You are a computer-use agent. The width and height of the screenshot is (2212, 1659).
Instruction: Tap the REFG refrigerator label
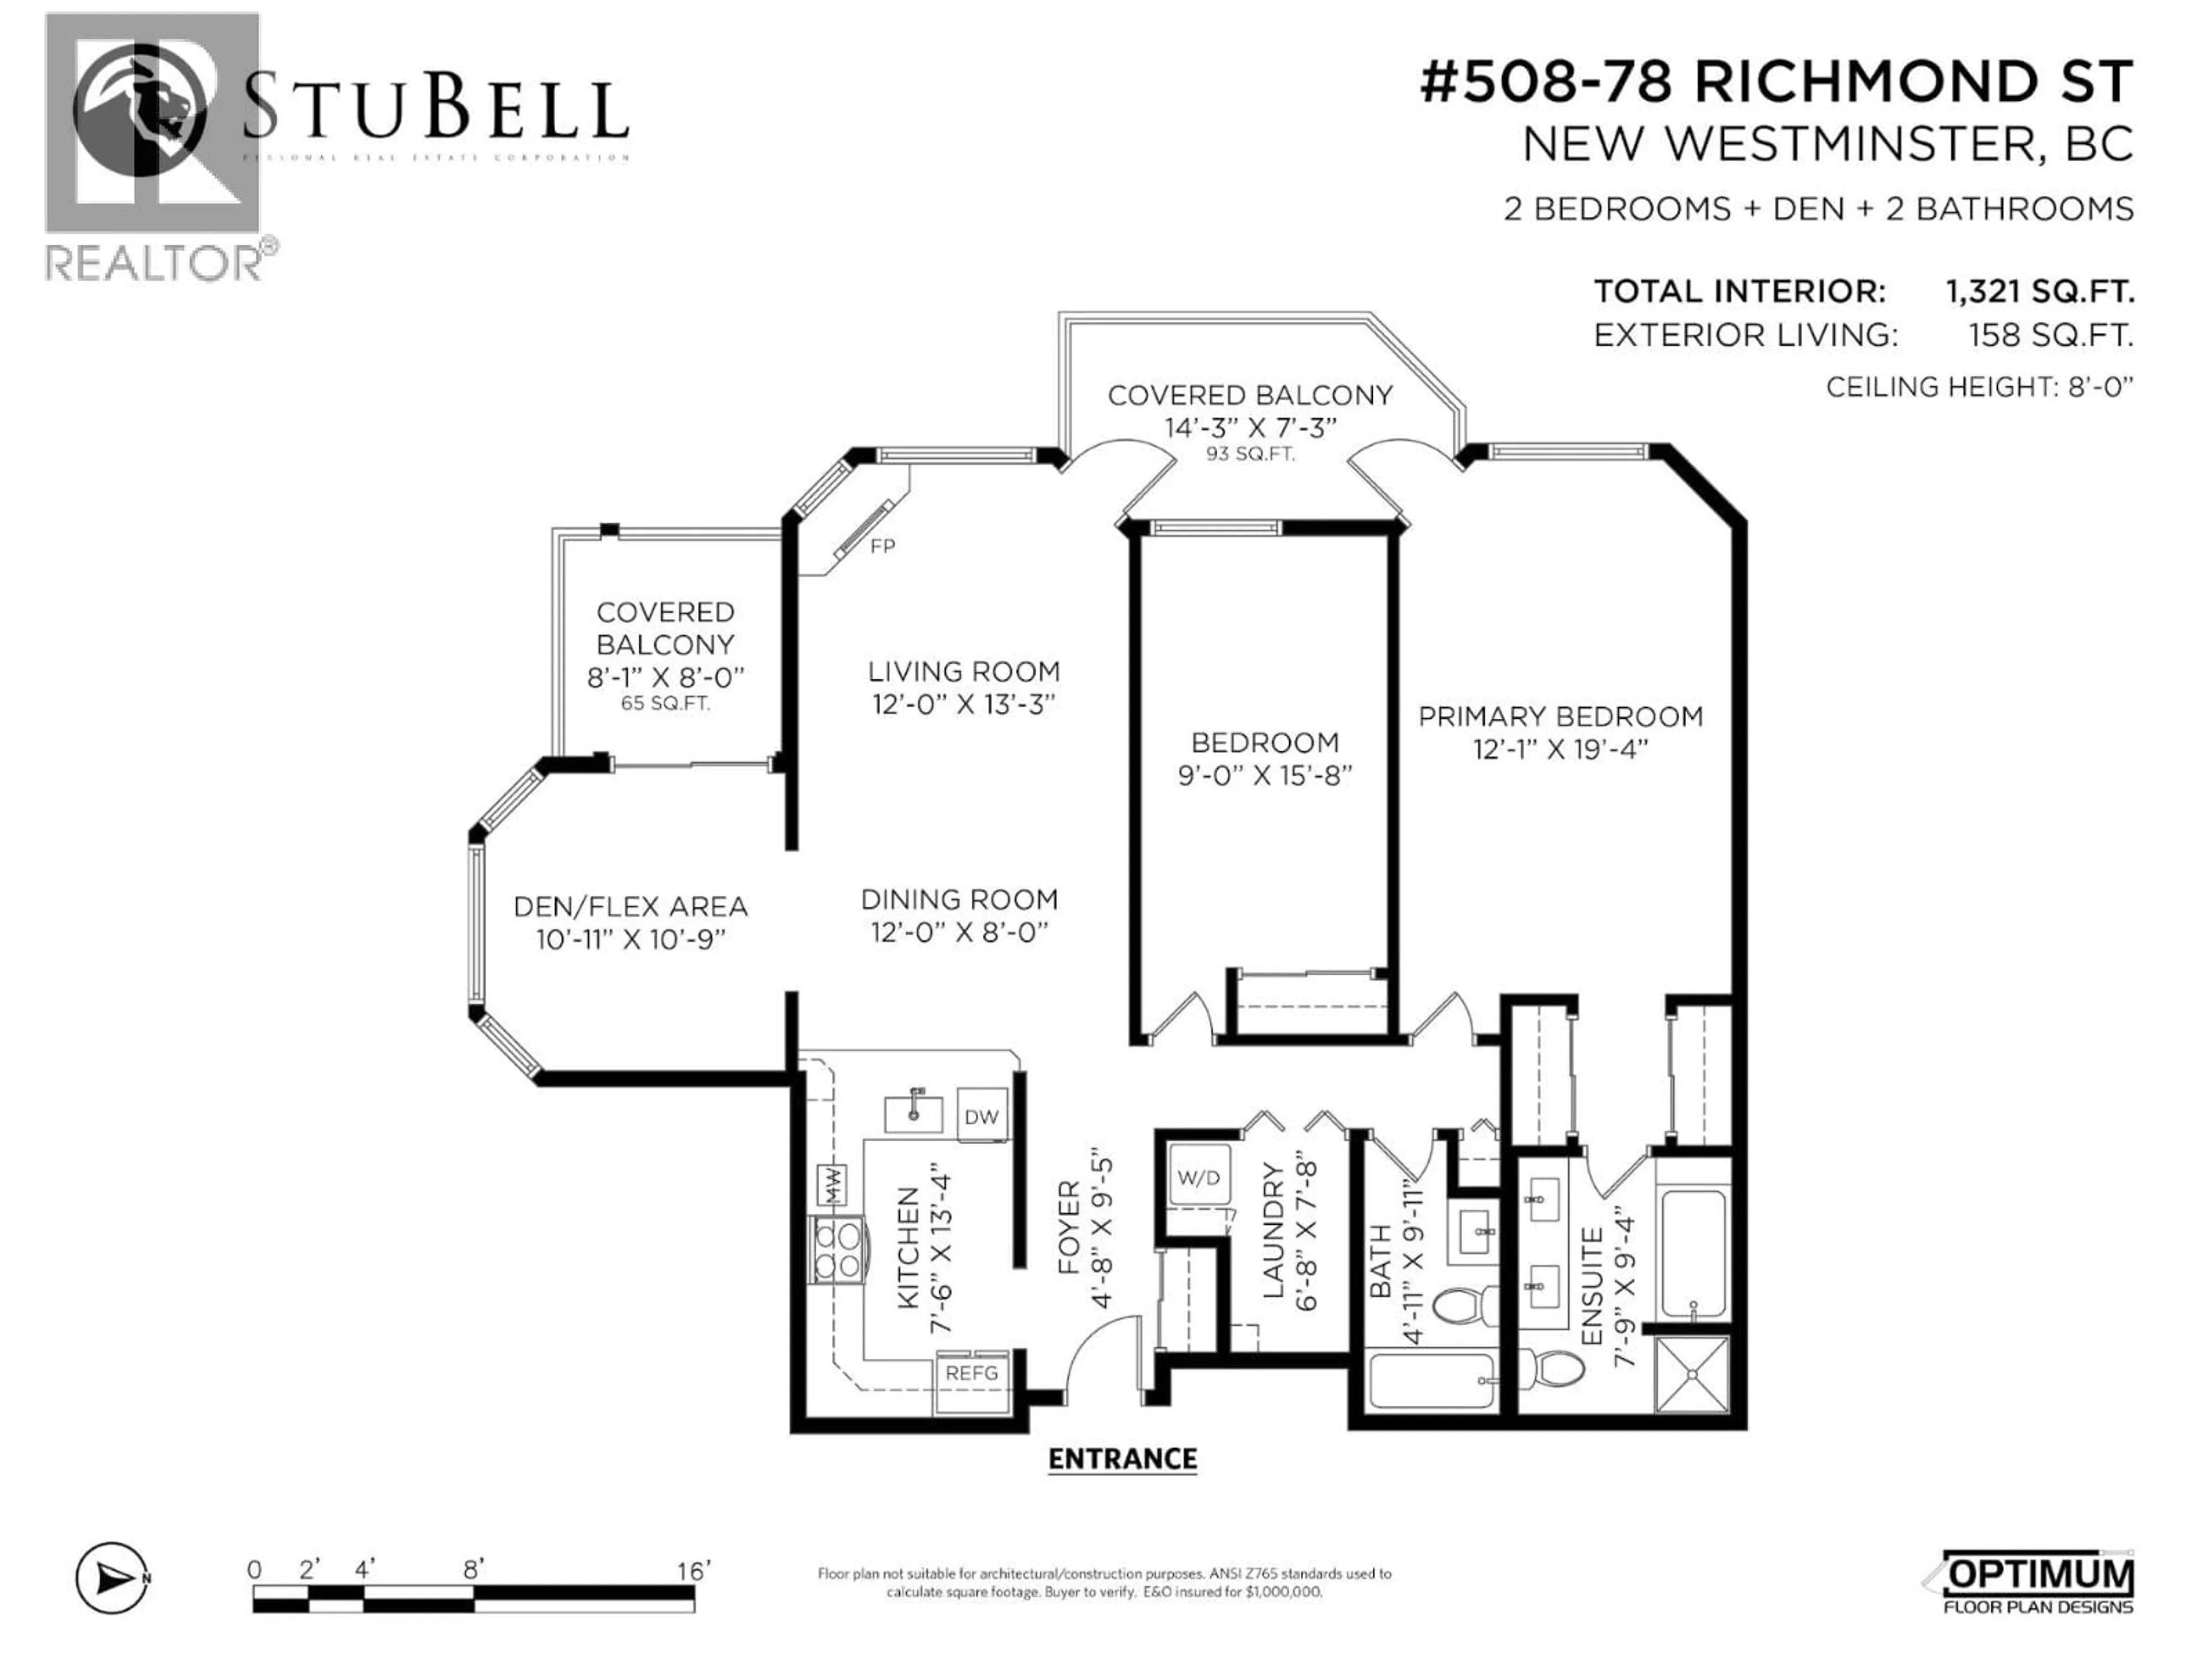click(x=971, y=1373)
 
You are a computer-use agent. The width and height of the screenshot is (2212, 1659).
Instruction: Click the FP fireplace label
click(x=882, y=546)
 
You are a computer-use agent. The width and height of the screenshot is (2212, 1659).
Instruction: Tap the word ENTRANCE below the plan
click(x=1122, y=1459)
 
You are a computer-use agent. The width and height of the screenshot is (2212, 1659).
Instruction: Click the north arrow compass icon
click(x=113, y=1578)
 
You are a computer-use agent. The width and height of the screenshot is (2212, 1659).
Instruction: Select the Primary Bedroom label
click(x=1560, y=717)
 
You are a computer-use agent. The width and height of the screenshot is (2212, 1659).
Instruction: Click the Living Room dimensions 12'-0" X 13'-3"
click(x=963, y=704)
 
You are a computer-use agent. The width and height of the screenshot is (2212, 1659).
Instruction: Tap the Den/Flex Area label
click(x=630, y=907)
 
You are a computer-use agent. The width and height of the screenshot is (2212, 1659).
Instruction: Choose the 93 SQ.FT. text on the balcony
click(x=1250, y=454)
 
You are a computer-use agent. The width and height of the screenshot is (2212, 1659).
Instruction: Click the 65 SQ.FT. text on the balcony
click(x=665, y=703)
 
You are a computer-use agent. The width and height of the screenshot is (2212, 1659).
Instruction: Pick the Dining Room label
click(x=959, y=900)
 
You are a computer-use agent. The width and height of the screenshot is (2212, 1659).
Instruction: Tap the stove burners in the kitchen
click(x=838, y=1250)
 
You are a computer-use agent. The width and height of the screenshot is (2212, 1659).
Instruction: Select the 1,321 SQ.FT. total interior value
click(x=2039, y=292)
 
